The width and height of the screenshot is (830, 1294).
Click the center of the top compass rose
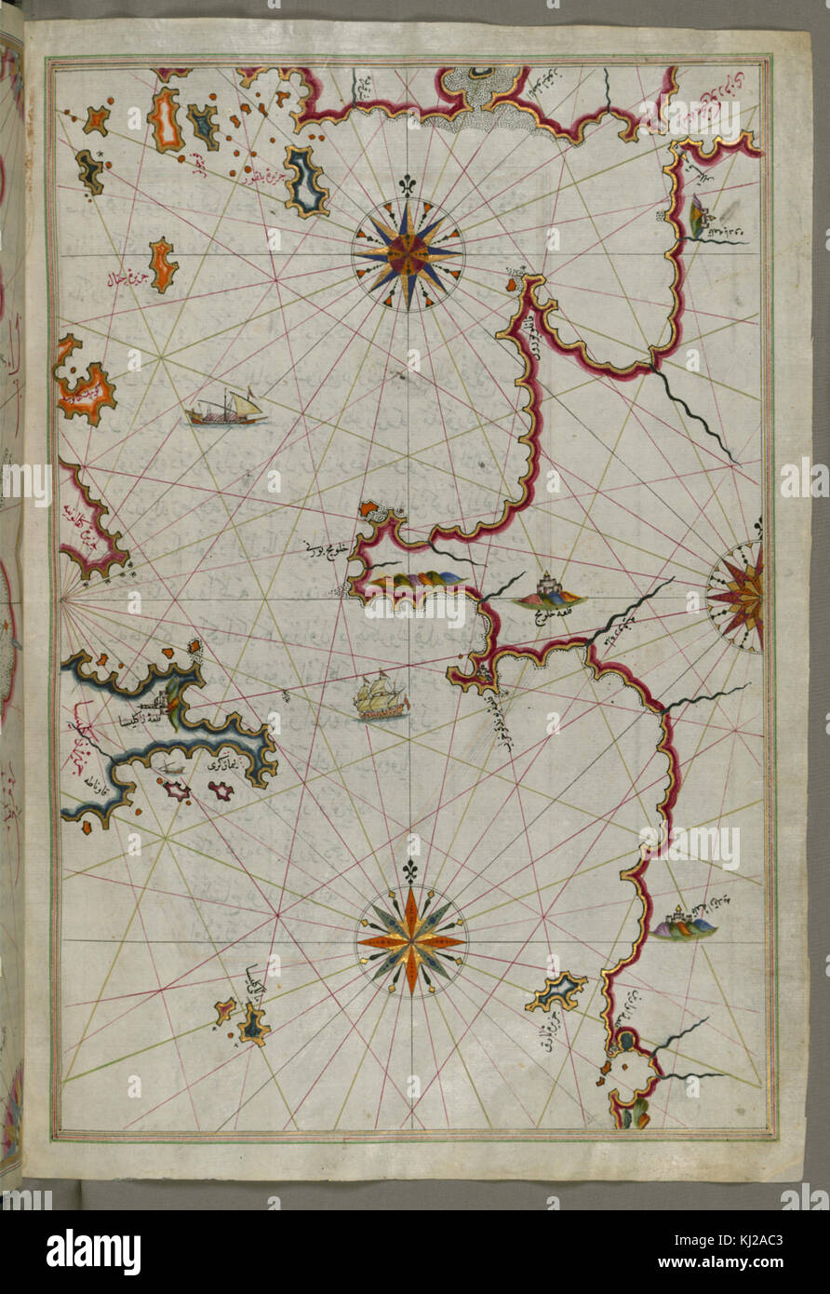pos(408,251)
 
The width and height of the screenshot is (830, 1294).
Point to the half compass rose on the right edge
pos(740,596)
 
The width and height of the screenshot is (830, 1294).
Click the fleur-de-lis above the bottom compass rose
pos(409,871)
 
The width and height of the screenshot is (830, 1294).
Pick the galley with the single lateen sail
pos(225,410)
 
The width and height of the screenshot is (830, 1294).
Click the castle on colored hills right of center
pos(550,593)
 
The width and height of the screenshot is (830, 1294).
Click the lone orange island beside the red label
pos(163,264)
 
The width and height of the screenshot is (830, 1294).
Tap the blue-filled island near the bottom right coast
pos(556,991)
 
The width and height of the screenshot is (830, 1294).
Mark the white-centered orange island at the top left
pos(166,120)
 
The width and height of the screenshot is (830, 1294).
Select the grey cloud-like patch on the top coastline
pos(484,98)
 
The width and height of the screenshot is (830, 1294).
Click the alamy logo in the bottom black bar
pos(93,1252)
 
